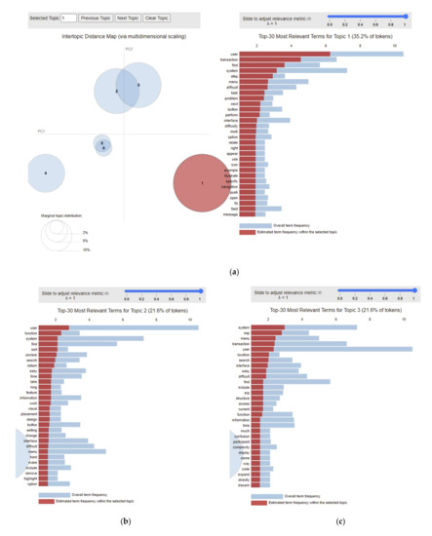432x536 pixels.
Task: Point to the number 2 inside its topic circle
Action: [116, 91]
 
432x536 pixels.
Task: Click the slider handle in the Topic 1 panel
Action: [405, 16]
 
